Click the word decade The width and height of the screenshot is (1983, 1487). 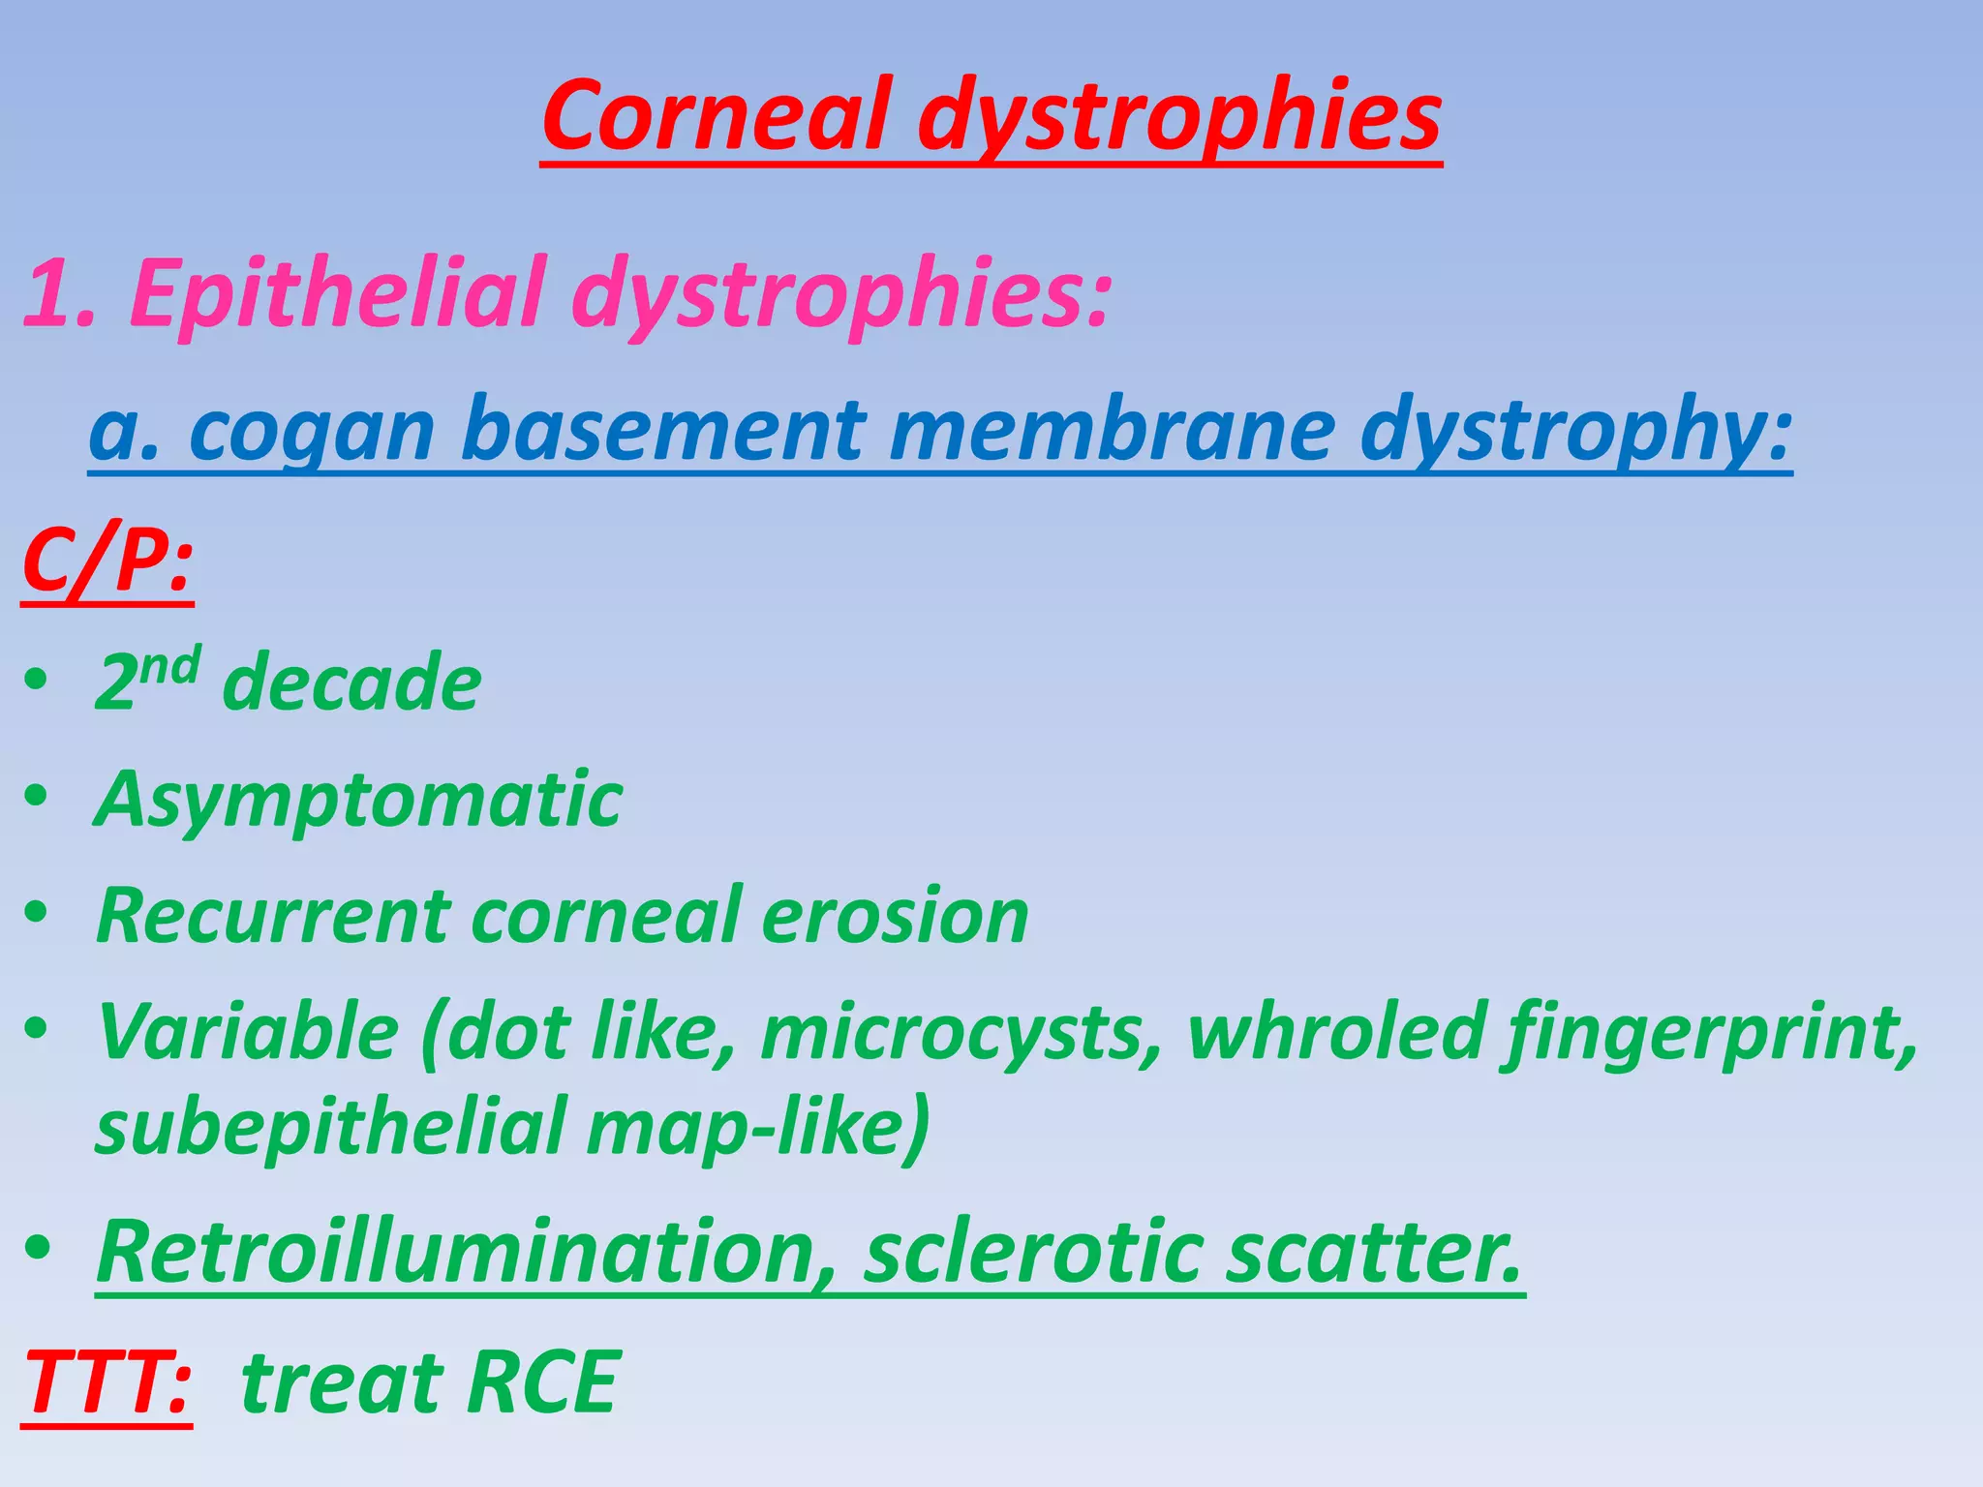pyautogui.click(x=351, y=683)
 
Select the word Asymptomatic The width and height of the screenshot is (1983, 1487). pyautogui.click(x=358, y=802)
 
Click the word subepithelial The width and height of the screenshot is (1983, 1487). pyautogui.click(x=329, y=1127)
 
